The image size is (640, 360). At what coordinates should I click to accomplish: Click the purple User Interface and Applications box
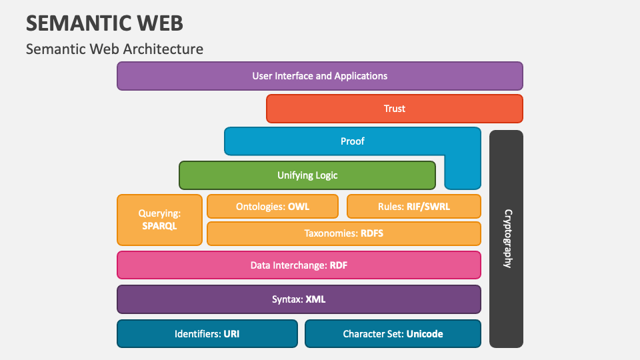319,76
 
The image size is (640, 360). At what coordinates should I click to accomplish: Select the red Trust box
394,109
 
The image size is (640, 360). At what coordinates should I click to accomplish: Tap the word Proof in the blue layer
352,141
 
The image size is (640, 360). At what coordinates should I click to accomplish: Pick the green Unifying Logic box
307,175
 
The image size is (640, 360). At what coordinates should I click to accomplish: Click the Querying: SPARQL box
159,220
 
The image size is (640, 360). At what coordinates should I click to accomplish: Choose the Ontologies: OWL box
273,207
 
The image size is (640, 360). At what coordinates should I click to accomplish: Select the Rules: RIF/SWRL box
414,207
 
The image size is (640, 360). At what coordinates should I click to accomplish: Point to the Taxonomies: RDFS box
344,233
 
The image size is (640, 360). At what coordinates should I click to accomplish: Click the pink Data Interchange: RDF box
299,265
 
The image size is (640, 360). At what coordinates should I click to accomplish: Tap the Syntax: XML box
299,299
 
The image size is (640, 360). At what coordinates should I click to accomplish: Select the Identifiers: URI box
207,334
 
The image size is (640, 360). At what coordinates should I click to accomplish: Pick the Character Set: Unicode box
393,334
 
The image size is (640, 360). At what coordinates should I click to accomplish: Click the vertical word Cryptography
507,239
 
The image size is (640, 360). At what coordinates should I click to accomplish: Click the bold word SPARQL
159,226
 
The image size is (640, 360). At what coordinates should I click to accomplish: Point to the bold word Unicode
425,334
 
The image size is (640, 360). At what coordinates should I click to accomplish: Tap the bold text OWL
299,207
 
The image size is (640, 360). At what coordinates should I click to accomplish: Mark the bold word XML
315,299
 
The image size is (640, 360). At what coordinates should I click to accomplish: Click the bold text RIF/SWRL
428,207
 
